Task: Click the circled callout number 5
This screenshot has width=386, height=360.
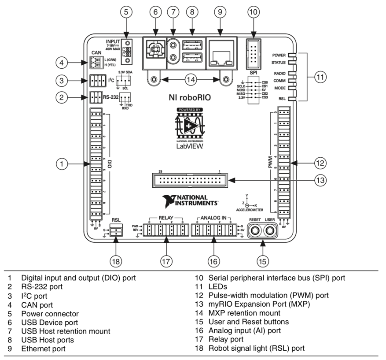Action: [x=126, y=12]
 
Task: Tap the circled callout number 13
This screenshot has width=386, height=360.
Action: [x=320, y=180]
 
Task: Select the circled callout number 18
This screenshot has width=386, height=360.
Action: [x=116, y=261]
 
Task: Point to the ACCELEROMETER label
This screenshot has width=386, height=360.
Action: [x=249, y=211]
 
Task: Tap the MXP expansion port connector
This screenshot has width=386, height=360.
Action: [x=190, y=180]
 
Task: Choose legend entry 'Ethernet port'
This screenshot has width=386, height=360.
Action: [x=43, y=349]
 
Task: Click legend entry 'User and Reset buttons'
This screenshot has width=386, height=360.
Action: [x=249, y=322]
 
